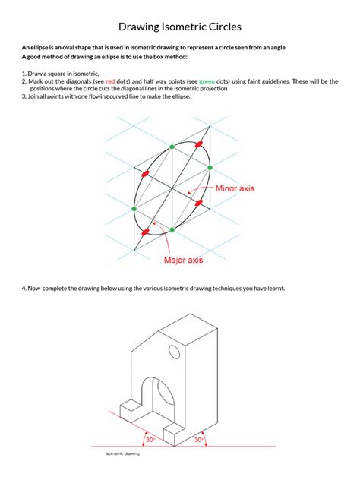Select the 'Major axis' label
pos(184,260)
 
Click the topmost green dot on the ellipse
pos(172,145)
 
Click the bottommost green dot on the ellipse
pos(172,229)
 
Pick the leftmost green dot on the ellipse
pos(134,208)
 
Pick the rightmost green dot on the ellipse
pos(209,166)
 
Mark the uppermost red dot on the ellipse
pos(200,144)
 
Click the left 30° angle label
pos(151,439)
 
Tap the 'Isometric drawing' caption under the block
pos(122,454)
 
